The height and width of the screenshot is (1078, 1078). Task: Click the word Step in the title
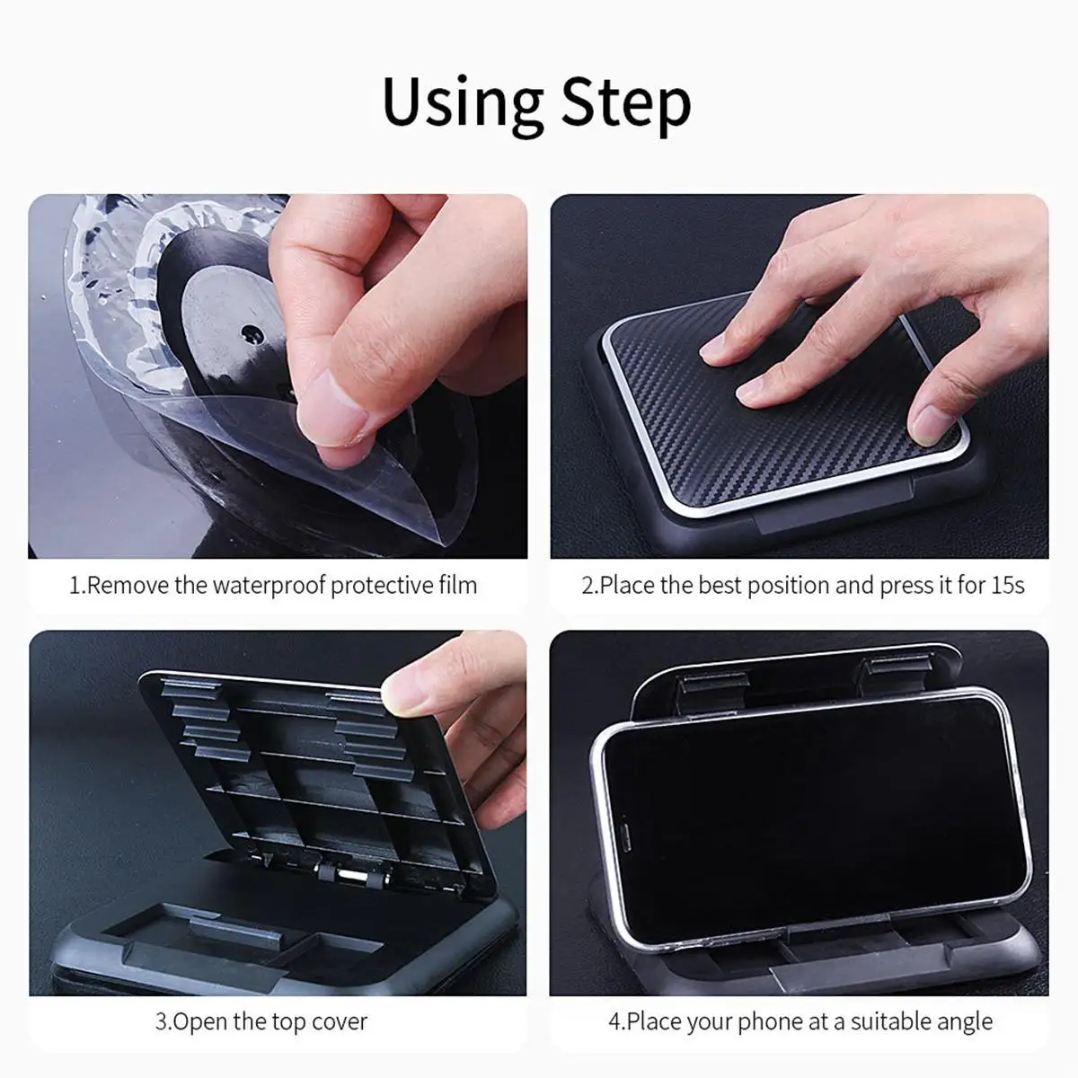coord(626,103)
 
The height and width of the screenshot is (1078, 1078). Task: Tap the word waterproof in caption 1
coord(269,586)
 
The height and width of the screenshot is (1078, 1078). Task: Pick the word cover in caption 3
coord(340,1021)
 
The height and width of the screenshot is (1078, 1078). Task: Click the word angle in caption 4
coord(963,1022)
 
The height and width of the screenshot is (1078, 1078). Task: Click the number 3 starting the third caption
coord(161,1021)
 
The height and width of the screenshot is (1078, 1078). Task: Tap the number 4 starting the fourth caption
coord(614,1021)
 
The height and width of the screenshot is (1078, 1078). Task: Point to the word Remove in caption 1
coord(128,586)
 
